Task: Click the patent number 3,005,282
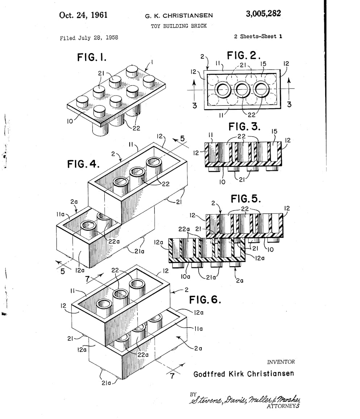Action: (263, 13)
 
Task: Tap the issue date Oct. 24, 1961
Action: (83, 15)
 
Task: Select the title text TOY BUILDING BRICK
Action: (179, 26)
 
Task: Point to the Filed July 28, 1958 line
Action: (89, 38)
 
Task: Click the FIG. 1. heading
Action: (92, 57)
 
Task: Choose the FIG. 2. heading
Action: (244, 56)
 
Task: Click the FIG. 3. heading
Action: (244, 126)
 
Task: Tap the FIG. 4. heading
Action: (83, 164)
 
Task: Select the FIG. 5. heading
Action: (246, 199)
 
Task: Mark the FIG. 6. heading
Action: (205, 300)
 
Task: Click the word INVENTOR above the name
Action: (281, 362)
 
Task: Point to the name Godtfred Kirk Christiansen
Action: (244, 373)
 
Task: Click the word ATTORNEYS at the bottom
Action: (283, 406)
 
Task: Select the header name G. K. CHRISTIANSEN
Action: (179, 16)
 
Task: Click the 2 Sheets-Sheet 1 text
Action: (258, 36)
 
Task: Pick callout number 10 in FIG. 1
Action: (70, 121)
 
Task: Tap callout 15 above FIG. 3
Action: (275, 131)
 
